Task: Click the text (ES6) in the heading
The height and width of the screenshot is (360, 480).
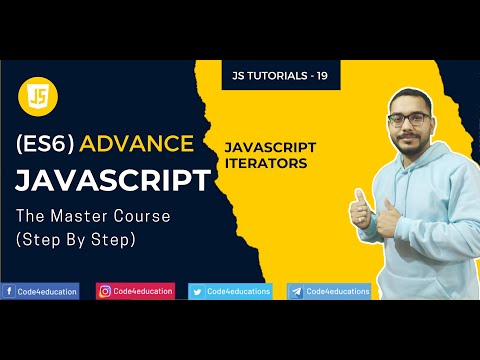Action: pyautogui.click(x=45, y=144)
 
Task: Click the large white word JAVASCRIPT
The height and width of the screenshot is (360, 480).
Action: pyautogui.click(x=113, y=181)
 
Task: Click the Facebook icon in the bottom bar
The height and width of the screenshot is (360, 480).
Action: pyautogui.click(x=9, y=291)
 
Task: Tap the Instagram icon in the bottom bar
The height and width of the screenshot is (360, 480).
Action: pyautogui.click(x=104, y=291)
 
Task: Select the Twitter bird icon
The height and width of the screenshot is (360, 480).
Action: pyautogui.click(x=197, y=291)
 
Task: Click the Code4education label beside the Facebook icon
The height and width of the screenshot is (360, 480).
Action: pyautogui.click(x=46, y=291)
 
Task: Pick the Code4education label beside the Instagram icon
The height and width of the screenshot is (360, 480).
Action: pyautogui.click(x=142, y=291)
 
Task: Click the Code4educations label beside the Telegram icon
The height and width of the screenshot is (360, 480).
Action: pyautogui.click(x=337, y=291)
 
